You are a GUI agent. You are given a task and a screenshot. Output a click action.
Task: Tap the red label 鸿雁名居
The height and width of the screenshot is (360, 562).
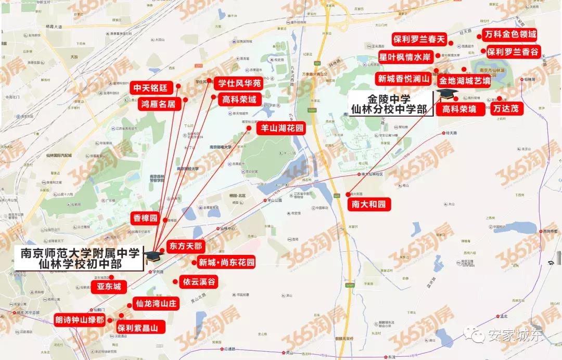158,104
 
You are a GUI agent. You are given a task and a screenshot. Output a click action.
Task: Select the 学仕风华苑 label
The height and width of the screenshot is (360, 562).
239,83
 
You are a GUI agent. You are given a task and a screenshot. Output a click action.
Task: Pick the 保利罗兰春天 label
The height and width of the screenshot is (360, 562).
419,40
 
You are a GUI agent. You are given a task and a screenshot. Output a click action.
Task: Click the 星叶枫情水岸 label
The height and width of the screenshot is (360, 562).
404,58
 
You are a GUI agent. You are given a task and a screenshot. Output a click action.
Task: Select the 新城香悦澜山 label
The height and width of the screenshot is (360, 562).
403,79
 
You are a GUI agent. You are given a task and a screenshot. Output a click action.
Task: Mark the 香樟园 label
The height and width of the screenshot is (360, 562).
145,218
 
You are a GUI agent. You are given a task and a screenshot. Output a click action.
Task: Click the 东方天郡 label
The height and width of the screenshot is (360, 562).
185,246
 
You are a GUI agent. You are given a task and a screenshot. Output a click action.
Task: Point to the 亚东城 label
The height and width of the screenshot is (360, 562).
108,286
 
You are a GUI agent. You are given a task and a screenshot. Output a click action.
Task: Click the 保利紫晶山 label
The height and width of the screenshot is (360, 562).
134,327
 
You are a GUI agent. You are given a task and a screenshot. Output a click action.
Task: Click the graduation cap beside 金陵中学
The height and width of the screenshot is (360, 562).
446,92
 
